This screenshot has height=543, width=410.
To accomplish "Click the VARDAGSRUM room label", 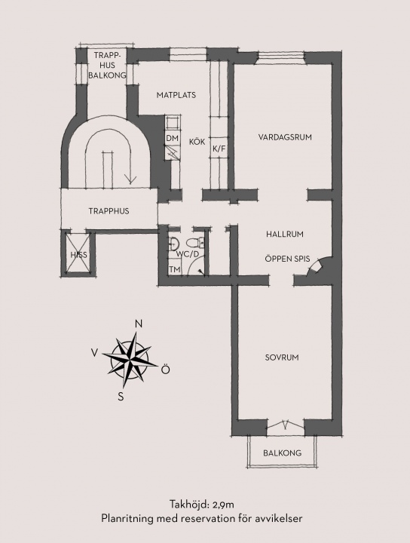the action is tap(285, 137).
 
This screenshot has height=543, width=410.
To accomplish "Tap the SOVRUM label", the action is tap(282, 357).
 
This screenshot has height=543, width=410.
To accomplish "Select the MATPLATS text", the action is tap(176, 95).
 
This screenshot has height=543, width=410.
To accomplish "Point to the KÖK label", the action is tap(197, 142).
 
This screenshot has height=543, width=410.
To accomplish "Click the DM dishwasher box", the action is tap(173, 138).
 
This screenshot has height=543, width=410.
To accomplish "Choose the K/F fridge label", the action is tap(219, 149).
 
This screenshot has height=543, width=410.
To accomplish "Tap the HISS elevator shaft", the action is tap(78, 255).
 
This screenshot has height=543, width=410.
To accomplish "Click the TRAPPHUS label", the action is tap(109, 211).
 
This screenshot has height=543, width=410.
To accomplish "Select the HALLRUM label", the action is tap(285, 234).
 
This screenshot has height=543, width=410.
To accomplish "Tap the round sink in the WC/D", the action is tap(173, 244).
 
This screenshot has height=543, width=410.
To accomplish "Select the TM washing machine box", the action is tap(175, 269).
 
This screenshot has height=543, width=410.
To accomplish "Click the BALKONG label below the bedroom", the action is tap(282, 452).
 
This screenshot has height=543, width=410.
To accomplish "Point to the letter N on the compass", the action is tap(139, 324).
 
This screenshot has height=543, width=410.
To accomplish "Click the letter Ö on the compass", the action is tap(166, 369).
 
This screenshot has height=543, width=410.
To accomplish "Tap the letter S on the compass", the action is tap(121, 397).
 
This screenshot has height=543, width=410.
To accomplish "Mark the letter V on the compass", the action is tap(94, 352).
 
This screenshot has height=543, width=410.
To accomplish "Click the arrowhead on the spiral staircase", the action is tap(130, 179).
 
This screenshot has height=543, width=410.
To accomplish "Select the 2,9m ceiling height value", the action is tap(223, 505).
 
